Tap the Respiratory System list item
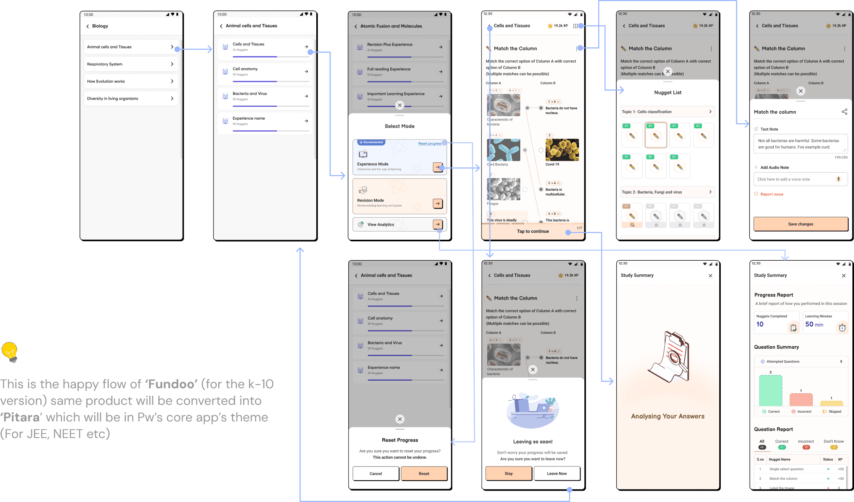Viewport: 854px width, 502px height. [130, 64]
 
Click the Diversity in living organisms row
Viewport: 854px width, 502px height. [130, 98]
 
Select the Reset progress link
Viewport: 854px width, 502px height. [430, 143]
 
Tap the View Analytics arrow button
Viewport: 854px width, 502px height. [438, 224]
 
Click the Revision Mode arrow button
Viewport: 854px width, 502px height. [438, 203]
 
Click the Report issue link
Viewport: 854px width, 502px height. [771, 194]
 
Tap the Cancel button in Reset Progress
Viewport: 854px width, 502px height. [376, 474]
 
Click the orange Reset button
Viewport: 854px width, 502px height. [424, 474]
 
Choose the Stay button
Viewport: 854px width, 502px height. [508, 474]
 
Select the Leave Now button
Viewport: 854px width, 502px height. [557, 474]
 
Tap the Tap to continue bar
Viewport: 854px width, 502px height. [533, 231]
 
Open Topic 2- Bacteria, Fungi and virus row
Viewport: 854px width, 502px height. [667, 192]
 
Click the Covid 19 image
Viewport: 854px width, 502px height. [562, 150]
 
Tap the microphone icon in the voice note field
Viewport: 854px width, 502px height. [838, 179]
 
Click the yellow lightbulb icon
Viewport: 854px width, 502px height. [9, 351]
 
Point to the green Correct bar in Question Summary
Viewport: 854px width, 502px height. [770, 391]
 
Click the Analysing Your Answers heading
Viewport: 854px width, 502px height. [667, 416]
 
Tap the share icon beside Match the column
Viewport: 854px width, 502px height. [844, 112]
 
